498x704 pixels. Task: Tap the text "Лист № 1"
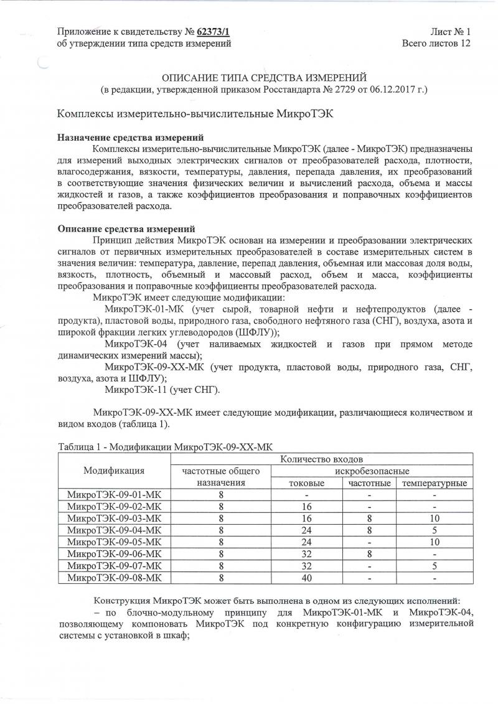point(450,31)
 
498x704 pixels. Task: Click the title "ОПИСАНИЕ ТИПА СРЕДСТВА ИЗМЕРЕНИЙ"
point(265,77)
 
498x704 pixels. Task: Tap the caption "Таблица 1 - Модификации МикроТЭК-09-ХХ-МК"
point(165,447)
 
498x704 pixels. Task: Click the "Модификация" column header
point(114,471)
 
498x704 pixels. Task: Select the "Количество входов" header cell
point(321,459)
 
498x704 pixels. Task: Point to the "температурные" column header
point(435,483)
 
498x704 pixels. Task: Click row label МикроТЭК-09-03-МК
point(114,519)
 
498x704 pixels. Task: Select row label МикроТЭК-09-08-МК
point(114,578)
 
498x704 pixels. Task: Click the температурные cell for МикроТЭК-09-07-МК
point(435,566)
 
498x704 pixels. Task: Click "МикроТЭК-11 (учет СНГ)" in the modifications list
point(162,390)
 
